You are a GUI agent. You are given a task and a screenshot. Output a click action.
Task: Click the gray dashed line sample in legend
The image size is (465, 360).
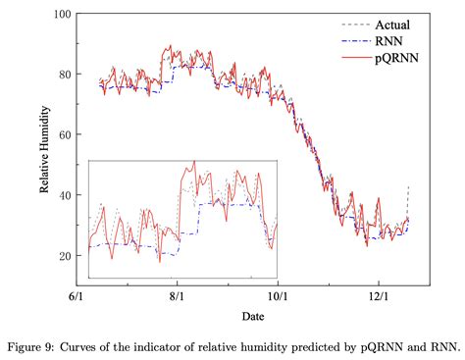(x=353, y=25)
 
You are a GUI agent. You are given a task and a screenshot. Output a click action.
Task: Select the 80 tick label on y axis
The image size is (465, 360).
(x=65, y=75)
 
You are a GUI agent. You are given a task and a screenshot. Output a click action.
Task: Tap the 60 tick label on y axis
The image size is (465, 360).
(x=65, y=134)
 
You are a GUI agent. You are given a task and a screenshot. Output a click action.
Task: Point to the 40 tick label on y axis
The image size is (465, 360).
(x=65, y=195)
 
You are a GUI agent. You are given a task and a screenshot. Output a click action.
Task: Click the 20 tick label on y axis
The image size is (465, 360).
(x=65, y=256)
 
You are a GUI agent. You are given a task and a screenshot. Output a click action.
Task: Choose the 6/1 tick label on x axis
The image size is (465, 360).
(x=76, y=293)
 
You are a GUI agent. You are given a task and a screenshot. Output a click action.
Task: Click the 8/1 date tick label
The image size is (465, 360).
(x=177, y=293)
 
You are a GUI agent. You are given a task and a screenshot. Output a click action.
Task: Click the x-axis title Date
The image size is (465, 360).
(x=254, y=316)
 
